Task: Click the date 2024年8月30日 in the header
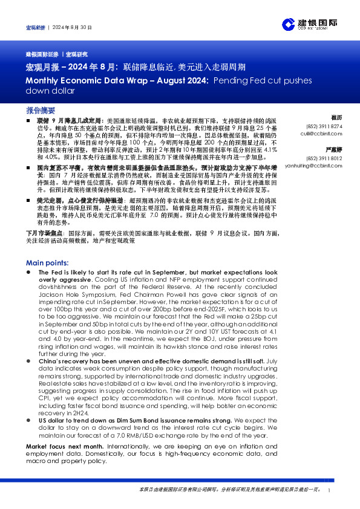tap(71, 28)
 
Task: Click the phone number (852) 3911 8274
tap(329, 126)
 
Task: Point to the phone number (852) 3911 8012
tap(329, 158)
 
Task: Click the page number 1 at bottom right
tap(328, 490)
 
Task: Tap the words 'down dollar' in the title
tap(50, 91)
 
